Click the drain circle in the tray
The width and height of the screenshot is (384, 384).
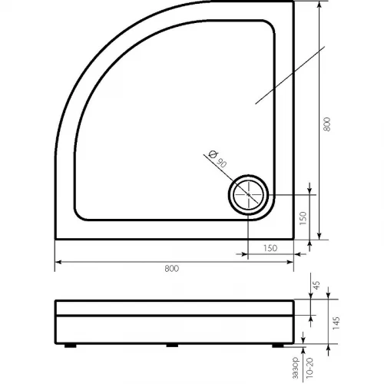click(x=248, y=176)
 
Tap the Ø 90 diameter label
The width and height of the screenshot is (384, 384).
click(x=217, y=159)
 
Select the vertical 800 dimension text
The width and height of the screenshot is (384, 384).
click(x=326, y=124)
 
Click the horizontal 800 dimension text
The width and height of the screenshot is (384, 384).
click(x=171, y=269)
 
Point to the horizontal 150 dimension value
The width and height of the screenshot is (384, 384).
click(x=270, y=248)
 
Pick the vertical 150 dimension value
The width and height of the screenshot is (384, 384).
click(x=303, y=218)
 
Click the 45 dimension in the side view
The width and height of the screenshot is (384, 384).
click(x=316, y=285)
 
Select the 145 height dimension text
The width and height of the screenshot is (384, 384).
click(x=336, y=323)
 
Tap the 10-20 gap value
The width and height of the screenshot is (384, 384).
click(x=310, y=368)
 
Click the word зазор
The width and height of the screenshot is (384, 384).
click(x=296, y=368)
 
